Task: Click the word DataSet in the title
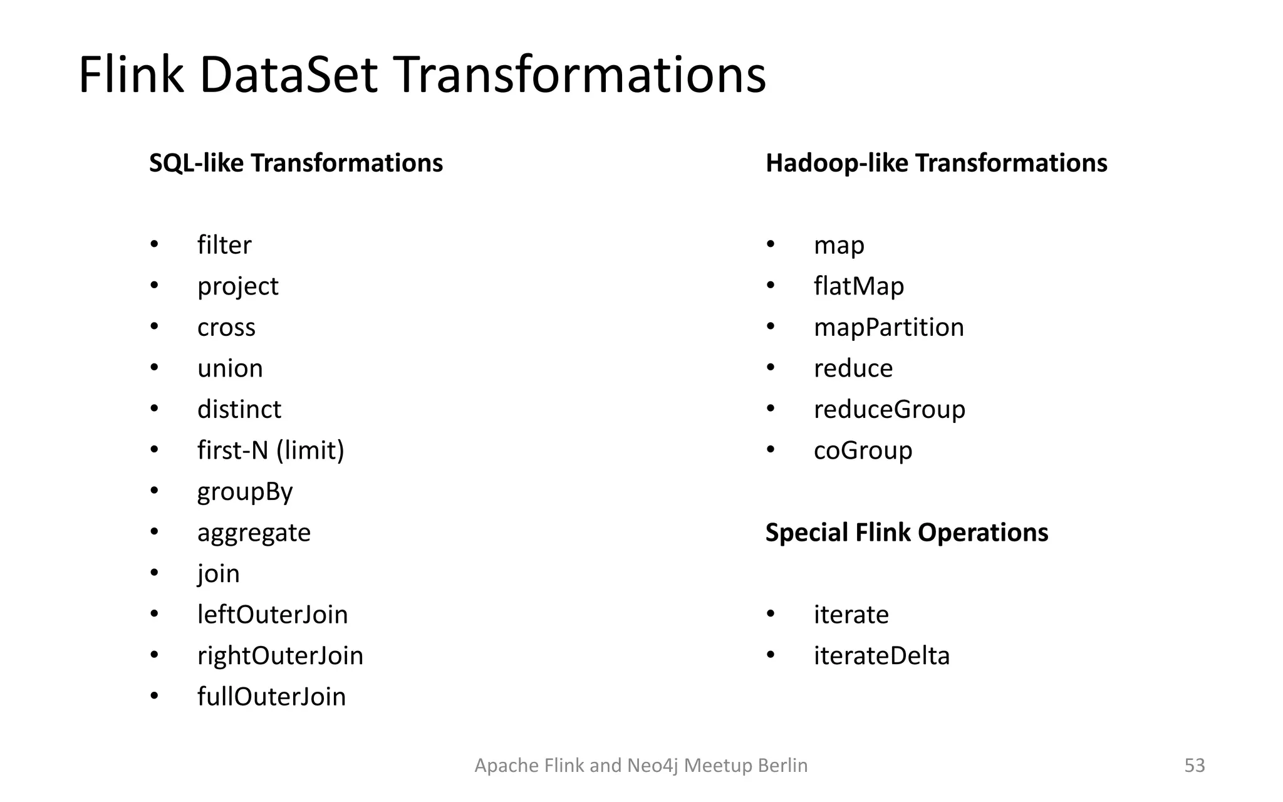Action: (288, 75)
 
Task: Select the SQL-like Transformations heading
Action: (296, 163)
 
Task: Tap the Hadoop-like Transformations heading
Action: (936, 163)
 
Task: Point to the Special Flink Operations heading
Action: (906, 533)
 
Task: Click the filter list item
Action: (224, 245)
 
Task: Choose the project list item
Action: (237, 286)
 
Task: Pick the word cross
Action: (226, 328)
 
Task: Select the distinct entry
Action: (239, 410)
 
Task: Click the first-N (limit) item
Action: (271, 450)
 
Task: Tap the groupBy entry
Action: (245, 492)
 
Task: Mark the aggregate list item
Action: (254, 533)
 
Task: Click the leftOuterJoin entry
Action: (273, 615)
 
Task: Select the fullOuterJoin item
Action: (271, 697)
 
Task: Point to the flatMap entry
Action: (859, 286)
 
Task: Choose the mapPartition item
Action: (888, 328)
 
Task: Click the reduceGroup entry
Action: (889, 410)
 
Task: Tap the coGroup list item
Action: (863, 450)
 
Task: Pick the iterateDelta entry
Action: (881, 656)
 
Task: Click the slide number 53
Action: (1194, 766)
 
